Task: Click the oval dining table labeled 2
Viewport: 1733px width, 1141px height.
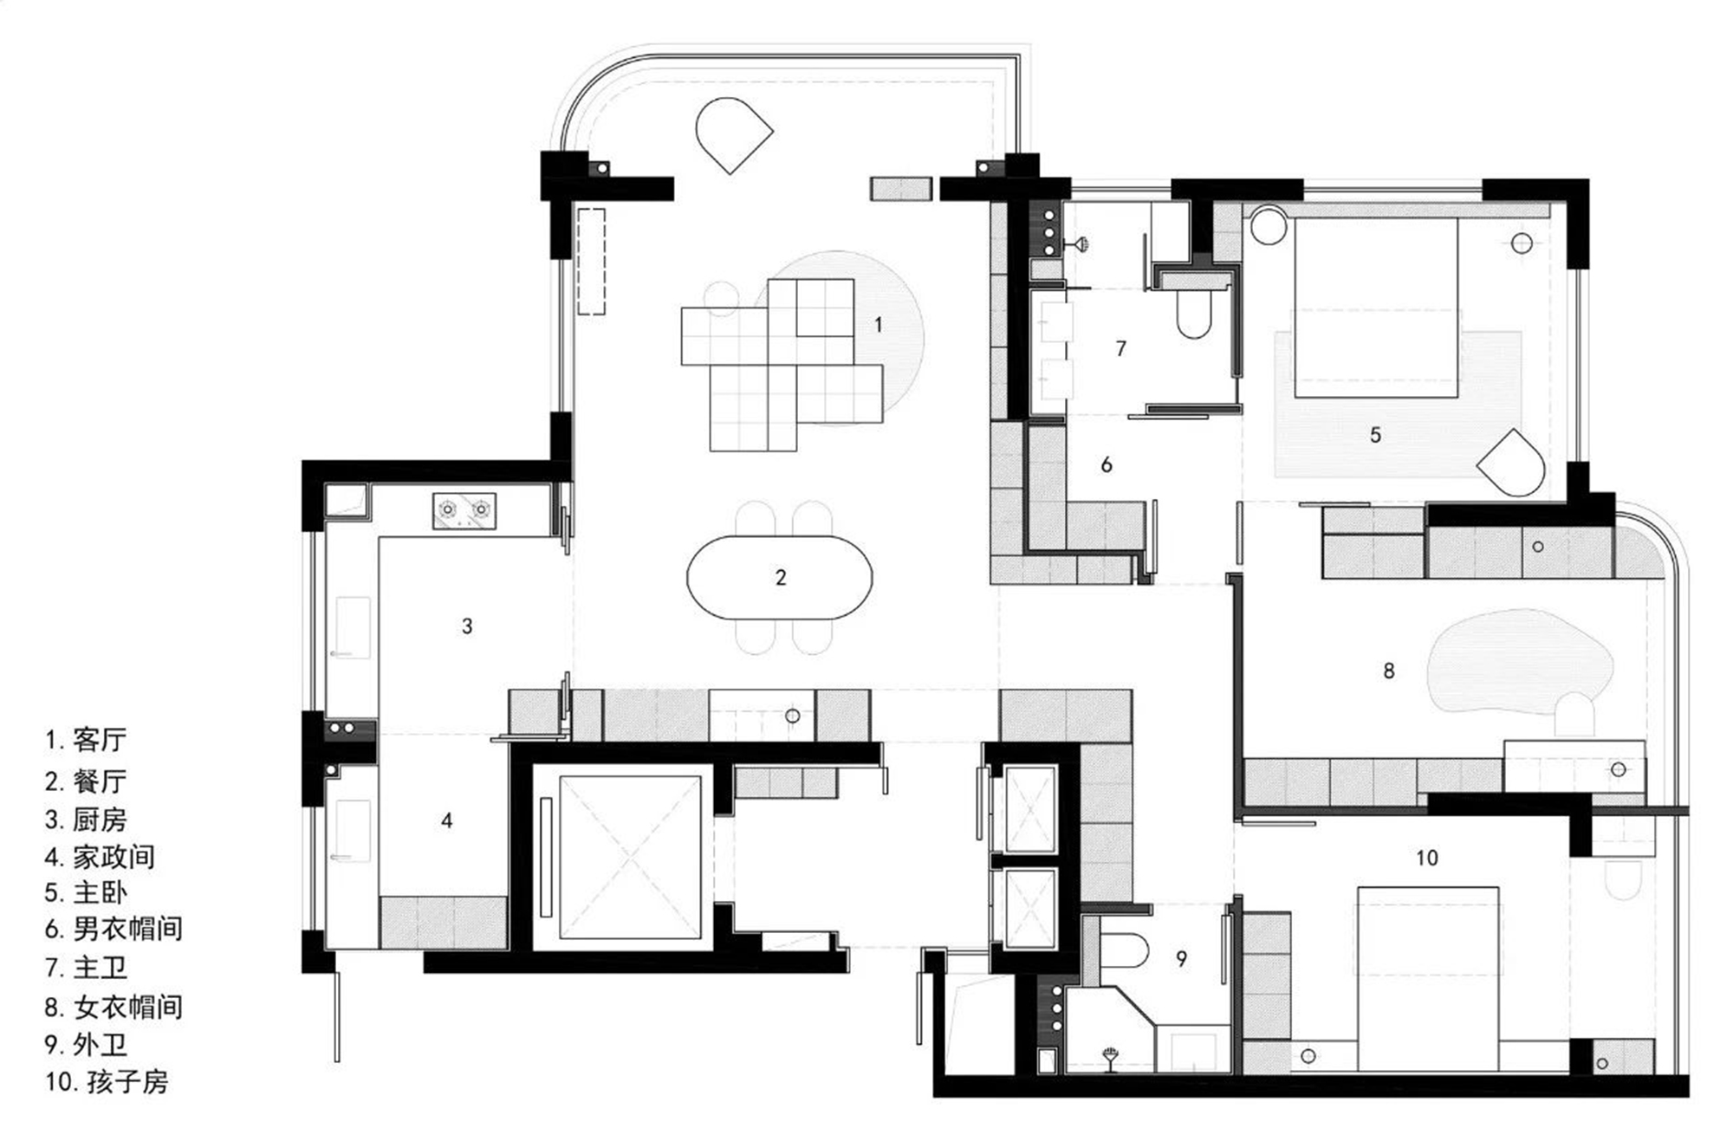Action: coord(779,577)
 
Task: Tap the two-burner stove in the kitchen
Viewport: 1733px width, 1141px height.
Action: coord(464,511)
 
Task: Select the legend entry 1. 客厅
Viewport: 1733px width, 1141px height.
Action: coord(86,740)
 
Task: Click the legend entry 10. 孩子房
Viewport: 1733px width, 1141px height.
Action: coord(107,1082)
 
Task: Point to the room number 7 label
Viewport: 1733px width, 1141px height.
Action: coord(1121,348)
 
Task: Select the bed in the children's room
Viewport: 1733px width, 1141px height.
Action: coord(1428,979)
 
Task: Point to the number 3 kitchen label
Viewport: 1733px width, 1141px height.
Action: coord(467,626)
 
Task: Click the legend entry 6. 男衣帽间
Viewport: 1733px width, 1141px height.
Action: coord(114,930)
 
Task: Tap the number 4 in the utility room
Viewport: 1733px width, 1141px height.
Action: coord(446,820)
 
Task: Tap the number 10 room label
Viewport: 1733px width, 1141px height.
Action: coord(1426,858)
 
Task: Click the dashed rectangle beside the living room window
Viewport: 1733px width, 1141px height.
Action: coord(592,261)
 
